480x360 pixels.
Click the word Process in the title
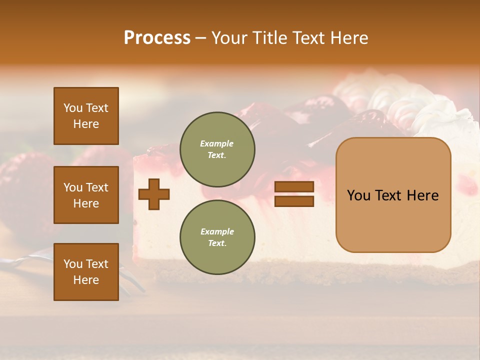point(157,38)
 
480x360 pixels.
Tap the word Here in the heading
point(348,38)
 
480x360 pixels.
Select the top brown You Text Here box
point(86,116)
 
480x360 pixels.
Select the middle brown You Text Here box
point(86,195)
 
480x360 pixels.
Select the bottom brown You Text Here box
point(86,272)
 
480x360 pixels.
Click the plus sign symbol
point(154,194)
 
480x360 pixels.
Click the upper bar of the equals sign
point(294,186)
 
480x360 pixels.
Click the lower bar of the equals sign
point(294,201)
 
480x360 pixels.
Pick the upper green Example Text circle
point(217,149)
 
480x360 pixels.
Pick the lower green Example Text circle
point(217,237)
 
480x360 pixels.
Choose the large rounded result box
point(393,194)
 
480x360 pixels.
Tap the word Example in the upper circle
point(217,143)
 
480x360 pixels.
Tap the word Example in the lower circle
point(217,231)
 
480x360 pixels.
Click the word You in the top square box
point(72,108)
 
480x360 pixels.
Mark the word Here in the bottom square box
point(86,280)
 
